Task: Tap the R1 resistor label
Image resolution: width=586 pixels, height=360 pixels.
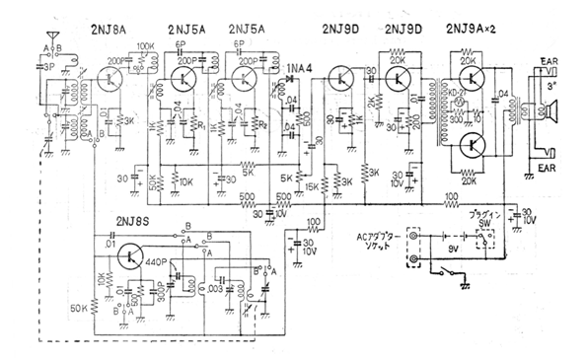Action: (x=202, y=126)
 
